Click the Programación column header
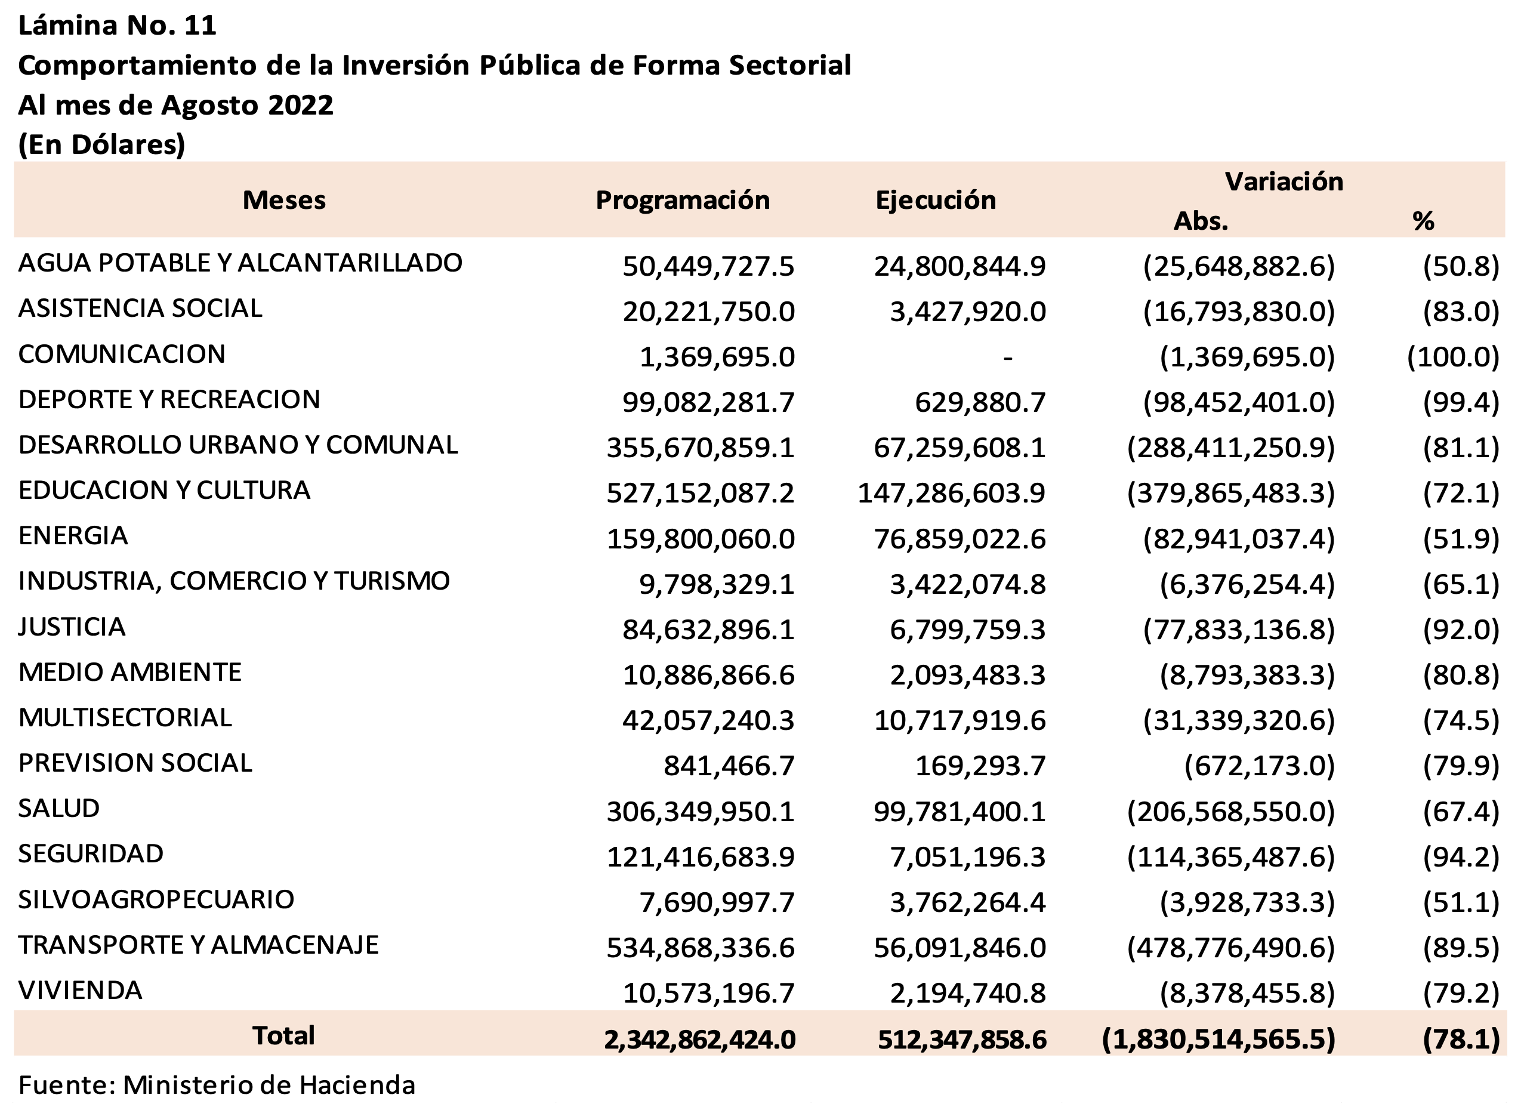click(x=682, y=200)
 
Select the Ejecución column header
click(x=936, y=200)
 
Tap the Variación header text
click(x=1284, y=181)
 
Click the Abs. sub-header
click(x=1201, y=221)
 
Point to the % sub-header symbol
click(x=1423, y=221)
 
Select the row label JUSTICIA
click(x=72, y=627)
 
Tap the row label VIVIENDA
click(x=81, y=989)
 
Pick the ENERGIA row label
click(x=73, y=536)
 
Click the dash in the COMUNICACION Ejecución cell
click(x=1007, y=357)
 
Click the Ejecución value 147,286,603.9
click(x=951, y=493)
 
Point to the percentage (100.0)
click(x=1453, y=357)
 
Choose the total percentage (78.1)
click(x=1461, y=1039)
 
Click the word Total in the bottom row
click(x=283, y=1035)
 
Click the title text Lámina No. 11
click(x=118, y=26)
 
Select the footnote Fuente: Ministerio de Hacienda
click(x=217, y=1085)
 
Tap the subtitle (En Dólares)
click(x=101, y=144)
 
